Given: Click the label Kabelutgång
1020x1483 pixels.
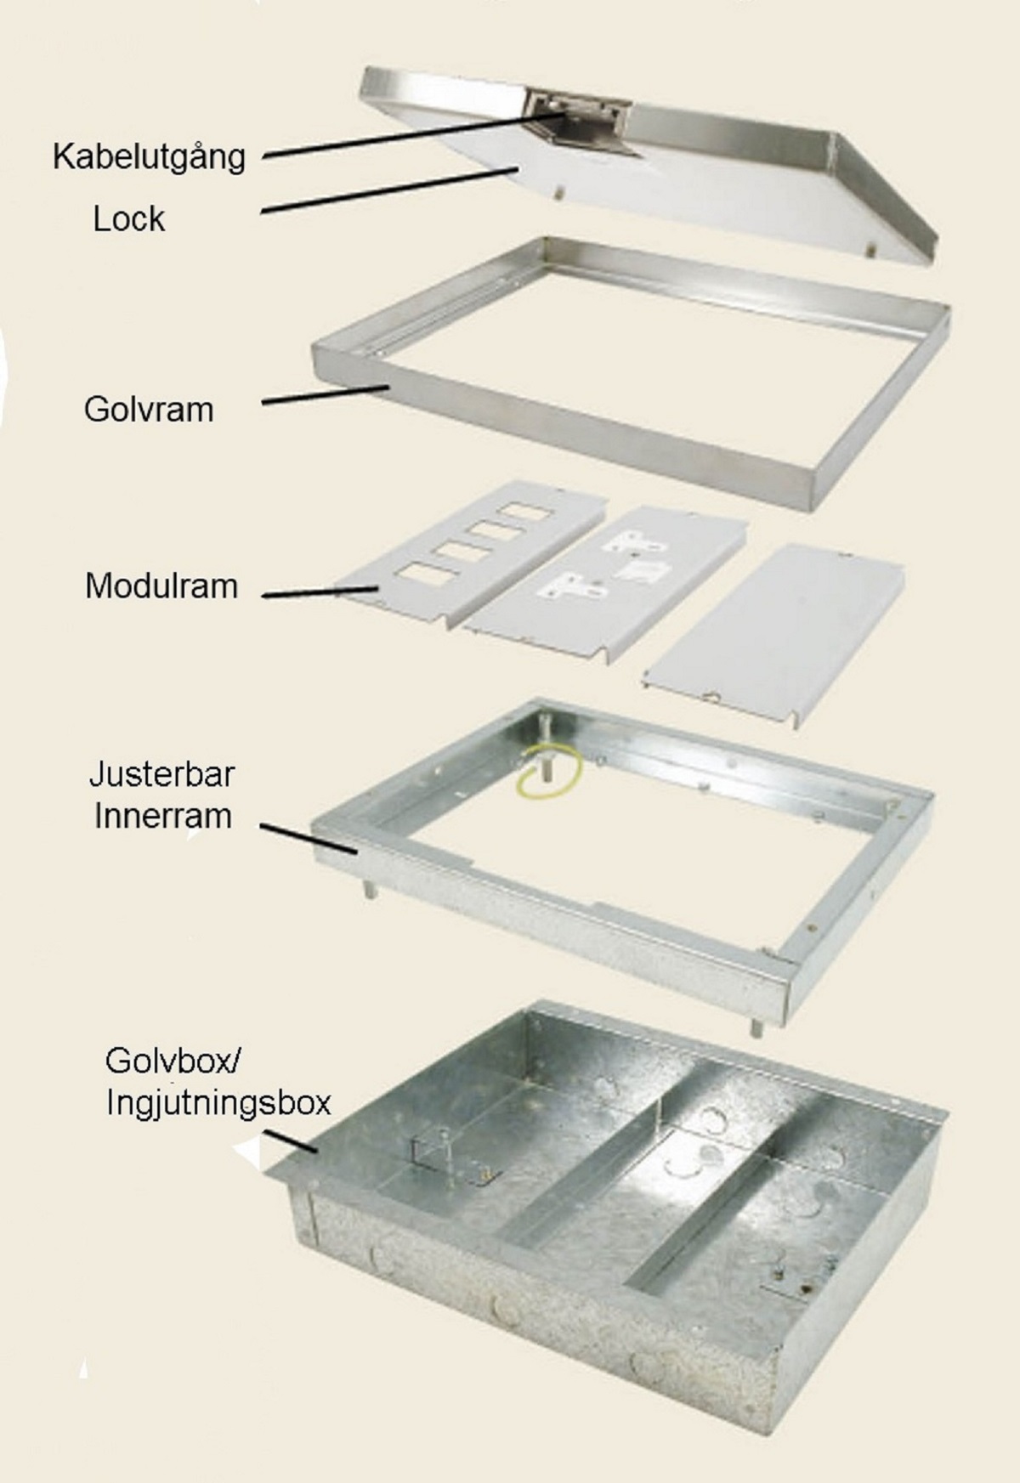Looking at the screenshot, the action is [149, 157].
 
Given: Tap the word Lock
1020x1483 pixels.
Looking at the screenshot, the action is [128, 219].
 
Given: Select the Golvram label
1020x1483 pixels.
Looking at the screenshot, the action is [149, 410].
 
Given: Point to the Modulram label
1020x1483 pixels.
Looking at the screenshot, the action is [161, 586].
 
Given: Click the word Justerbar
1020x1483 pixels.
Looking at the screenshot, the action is [162, 774].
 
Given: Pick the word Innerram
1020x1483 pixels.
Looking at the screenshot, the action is [162, 816].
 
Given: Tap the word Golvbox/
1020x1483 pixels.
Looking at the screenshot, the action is [174, 1061].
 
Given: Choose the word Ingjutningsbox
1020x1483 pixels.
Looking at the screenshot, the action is [218, 1103].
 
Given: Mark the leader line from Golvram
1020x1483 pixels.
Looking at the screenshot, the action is [326, 395].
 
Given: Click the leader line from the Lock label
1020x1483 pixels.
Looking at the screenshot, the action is [389, 190].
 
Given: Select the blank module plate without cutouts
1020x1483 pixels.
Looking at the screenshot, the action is [773, 632].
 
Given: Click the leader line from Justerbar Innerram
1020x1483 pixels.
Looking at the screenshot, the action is [308, 837].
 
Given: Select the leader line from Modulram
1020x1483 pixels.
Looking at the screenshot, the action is [320, 592].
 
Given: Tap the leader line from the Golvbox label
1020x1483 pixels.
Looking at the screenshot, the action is [290, 1141].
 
